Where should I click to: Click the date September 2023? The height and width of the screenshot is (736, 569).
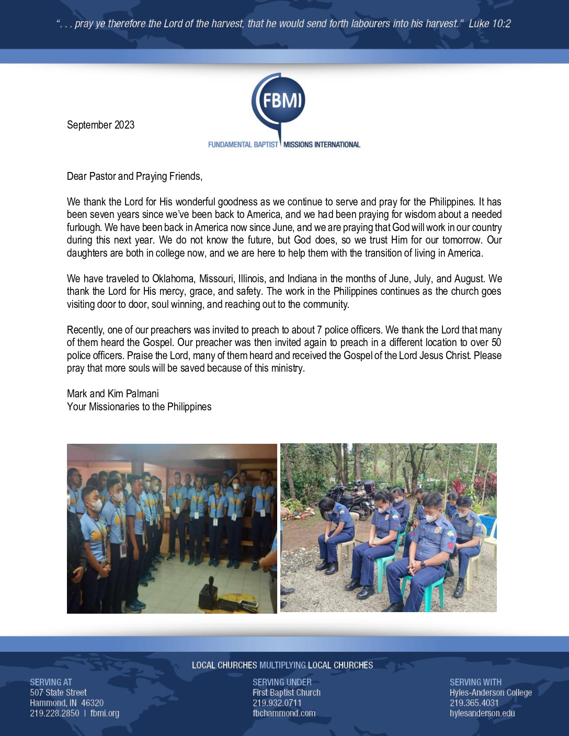pyautogui.click(x=100, y=125)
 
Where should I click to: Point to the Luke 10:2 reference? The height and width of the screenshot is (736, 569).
pyautogui.click(x=490, y=24)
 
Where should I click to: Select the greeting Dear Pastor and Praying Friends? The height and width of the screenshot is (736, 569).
pyautogui.click(x=134, y=176)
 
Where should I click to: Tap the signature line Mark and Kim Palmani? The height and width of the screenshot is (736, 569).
pyautogui.click(x=112, y=394)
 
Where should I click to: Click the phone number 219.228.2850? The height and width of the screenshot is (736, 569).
pyautogui.click(x=54, y=713)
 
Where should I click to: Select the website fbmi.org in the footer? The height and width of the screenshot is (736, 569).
pyautogui.click(x=105, y=713)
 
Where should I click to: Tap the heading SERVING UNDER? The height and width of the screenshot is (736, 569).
pyautogui.click(x=282, y=682)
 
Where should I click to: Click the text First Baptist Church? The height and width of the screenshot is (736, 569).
pyautogui.click(x=286, y=693)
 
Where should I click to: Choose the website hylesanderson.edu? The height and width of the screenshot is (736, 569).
pyautogui.click(x=482, y=713)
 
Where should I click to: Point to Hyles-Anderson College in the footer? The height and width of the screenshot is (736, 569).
pyautogui.click(x=491, y=693)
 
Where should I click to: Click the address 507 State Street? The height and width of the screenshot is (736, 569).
pyautogui.click(x=58, y=693)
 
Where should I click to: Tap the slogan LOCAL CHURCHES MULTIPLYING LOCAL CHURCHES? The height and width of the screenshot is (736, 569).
pyautogui.click(x=282, y=665)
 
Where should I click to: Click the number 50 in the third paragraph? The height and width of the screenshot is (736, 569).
pyautogui.click(x=496, y=342)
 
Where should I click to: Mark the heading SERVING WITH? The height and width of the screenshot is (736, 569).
pyautogui.click(x=475, y=682)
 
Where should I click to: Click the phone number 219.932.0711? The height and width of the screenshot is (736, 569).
pyautogui.click(x=277, y=703)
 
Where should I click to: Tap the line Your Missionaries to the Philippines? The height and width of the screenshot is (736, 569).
pyautogui.click(x=139, y=407)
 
